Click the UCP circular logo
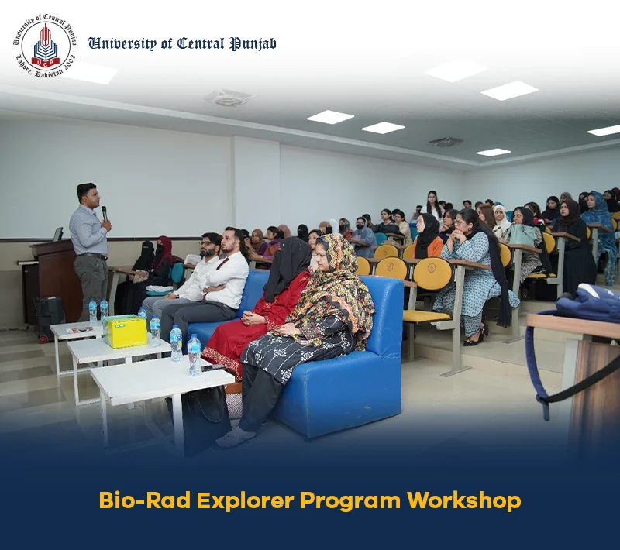[x=45, y=46]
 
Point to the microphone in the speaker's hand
[x=105, y=214]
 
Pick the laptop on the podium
[x=57, y=234]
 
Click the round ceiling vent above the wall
[x=229, y=98]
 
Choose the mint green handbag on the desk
[x=522, y=234]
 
